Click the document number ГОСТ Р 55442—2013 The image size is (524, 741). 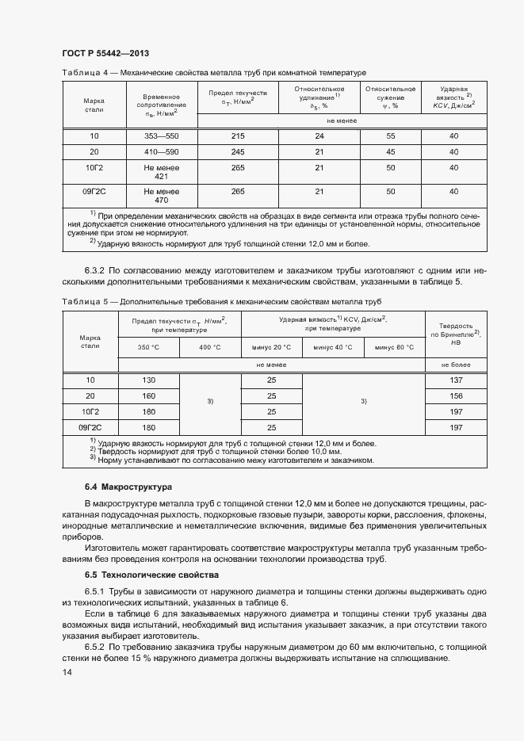pos(105,53)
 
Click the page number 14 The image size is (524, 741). pos(67,673)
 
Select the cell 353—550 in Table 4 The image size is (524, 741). pos(161,136)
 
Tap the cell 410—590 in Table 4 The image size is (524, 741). pos(161,151)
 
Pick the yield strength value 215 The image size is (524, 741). pos(237,136)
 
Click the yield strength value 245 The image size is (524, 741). pos(237,151)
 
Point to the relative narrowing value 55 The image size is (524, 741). pos(390,136)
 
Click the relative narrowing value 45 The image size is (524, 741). pos(390,151)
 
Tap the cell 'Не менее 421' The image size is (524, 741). pos(161,171)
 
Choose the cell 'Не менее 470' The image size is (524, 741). pos(161,196)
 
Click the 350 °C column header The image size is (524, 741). pos(148,347)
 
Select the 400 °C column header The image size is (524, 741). pos(209,347)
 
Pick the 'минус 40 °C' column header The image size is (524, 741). pos(333,347)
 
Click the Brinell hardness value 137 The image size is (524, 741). pos(456,380)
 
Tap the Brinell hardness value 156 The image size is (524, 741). pos(456,395)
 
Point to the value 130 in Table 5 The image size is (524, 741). pos(148,380)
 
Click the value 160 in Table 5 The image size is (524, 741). pos(148,395)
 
